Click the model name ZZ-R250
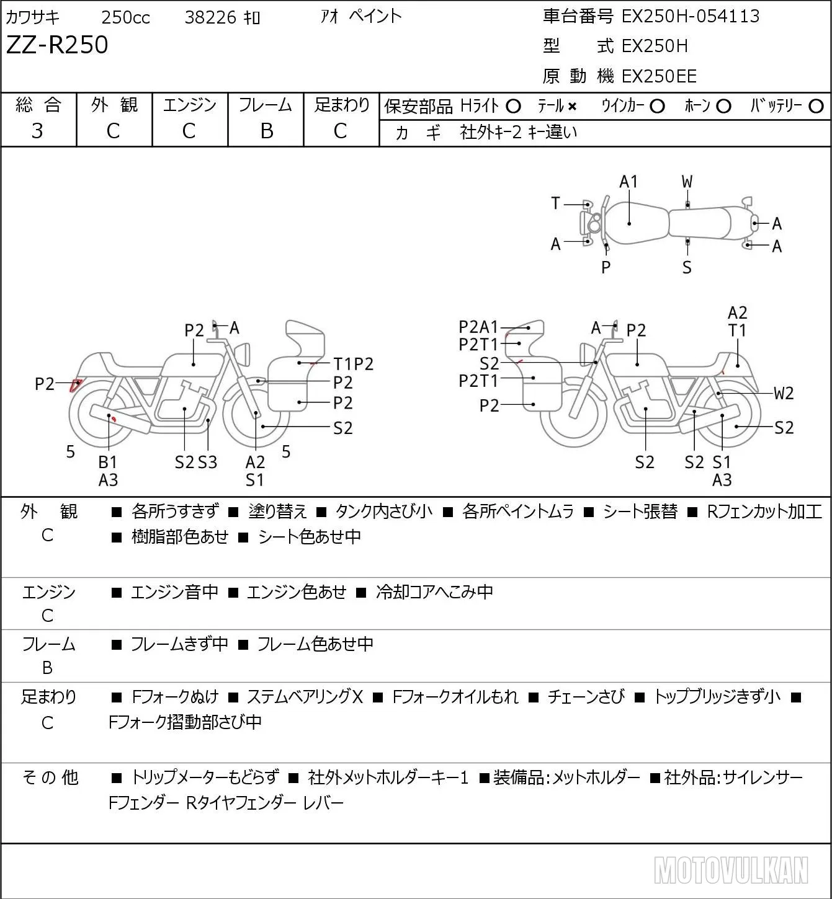[x=57, y=45]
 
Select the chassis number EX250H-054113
[x=690, y=17]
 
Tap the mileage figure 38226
[x=210, y=17]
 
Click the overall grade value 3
[x=37, y=131]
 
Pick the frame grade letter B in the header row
[x=266, y=131]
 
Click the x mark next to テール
[x=572, y=107]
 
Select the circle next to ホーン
[x=723, y=107]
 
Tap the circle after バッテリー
[x=816, y=107]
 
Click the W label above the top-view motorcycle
[x=687, y=182]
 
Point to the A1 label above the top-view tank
[x=628, y=182]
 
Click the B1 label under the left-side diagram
[x=108, y=462]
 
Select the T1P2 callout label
[x=354, y=364]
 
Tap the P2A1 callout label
[x=478, y=326]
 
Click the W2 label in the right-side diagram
[x=784, y=393]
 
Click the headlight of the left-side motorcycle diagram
[x=243, y=354]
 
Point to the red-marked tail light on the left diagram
[x=76, y=385]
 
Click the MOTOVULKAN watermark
[x=731, y=870]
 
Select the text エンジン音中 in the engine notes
[x=174, y=592]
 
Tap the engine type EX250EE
[x=659, y=76]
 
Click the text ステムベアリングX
[x=305, y=697]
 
